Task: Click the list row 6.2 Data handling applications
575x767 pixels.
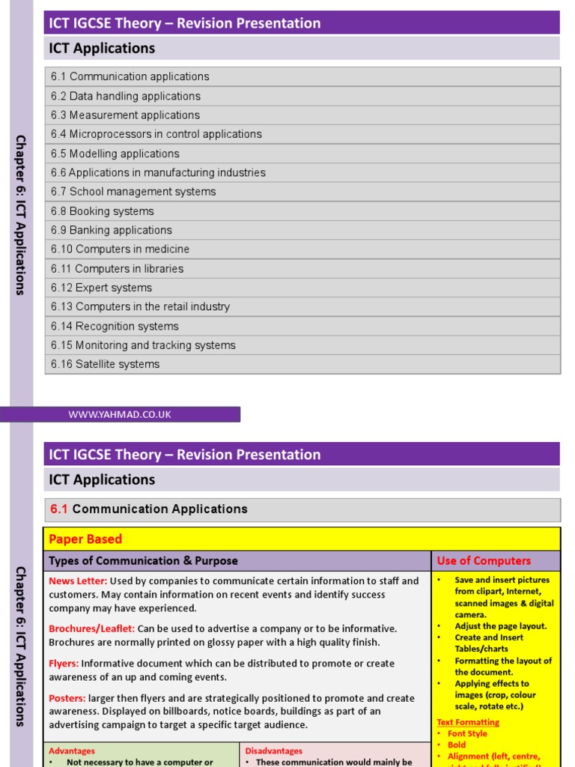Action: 126,96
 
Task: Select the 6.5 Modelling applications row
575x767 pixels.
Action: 115,154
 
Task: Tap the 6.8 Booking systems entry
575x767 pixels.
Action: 103,211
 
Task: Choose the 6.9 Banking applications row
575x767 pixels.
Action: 112,230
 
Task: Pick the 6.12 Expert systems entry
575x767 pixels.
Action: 101,288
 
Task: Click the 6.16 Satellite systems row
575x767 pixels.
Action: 106,364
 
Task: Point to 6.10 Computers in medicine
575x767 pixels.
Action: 120,249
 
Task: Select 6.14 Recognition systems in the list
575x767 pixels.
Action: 115,326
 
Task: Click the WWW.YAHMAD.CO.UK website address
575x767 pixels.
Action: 120,414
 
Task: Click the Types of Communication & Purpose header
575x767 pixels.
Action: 143,561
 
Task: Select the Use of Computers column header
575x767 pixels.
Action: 484,561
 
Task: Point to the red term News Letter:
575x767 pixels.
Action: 78,581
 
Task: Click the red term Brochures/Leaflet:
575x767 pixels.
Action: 91,628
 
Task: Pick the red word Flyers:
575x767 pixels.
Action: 64,664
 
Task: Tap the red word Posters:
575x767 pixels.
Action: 67,698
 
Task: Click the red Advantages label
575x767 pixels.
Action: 72,751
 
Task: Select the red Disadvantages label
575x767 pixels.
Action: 274,751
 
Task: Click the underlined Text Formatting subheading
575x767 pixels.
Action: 468,722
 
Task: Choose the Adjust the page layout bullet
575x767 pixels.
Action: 500,626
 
